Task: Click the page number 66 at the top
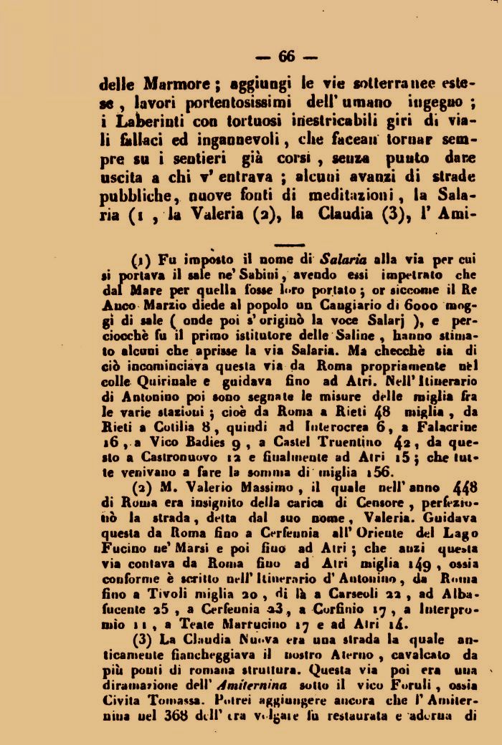coord(286,56)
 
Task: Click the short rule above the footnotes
coord(290,244)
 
